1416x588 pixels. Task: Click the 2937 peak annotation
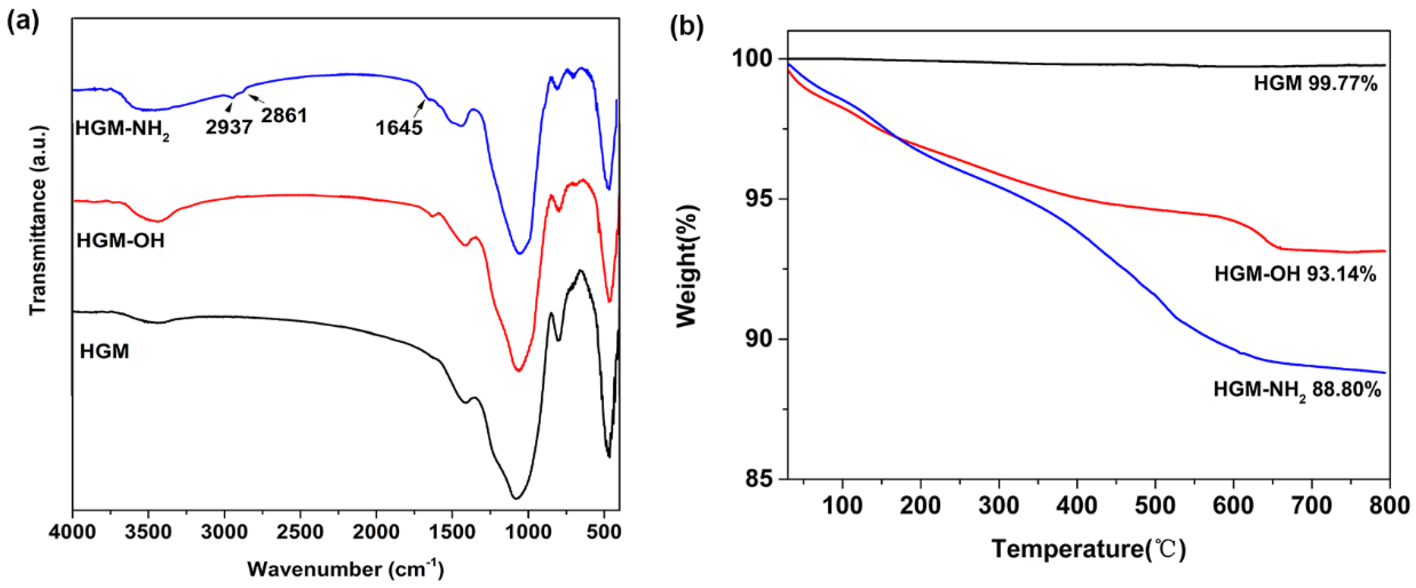pos(229,127)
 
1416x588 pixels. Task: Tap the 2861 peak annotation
pos(284,115)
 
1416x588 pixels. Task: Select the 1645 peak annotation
pos(399,128)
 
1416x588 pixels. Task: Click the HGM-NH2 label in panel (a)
pos(122,129)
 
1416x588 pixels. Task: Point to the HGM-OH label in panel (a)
pos(120,240)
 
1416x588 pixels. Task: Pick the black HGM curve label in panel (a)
pos(104,352)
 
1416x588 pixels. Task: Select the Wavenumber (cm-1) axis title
pos(345,569)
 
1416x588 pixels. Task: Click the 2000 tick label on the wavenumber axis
pos(376,533)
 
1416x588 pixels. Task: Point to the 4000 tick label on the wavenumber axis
pos(73,533)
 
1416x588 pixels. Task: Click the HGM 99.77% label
pos(1315,84)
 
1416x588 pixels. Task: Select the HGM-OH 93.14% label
pos(1295,274)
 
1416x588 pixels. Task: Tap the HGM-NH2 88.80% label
pos(1297,391)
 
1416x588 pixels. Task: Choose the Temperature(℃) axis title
pos(1088,549)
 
